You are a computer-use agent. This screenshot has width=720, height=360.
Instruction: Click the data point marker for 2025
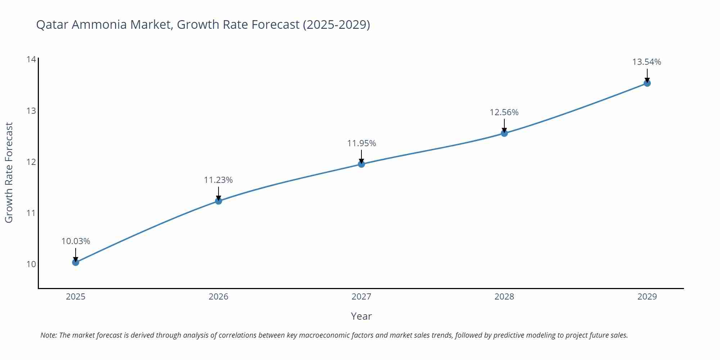click(76, 262)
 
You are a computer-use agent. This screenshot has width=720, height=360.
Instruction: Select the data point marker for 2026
click(219, 201)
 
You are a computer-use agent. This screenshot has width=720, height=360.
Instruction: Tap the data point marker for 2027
click(361, 164)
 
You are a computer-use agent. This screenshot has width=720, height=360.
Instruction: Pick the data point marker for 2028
click(504, 133)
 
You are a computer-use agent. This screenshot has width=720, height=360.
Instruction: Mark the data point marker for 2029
click(647, 83)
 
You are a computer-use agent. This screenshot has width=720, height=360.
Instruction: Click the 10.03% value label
click(76, 241)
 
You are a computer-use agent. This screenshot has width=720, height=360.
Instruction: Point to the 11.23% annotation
click(219, 180)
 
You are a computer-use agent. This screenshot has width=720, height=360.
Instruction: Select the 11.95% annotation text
click(361, 143)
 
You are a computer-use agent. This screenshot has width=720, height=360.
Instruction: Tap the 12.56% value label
click(504, 112)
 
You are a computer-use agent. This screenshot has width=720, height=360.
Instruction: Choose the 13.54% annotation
click(647, 62)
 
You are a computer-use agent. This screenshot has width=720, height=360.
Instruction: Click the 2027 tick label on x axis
click(361, 297)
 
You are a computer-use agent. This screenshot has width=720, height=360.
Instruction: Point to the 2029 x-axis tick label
click(647, 297)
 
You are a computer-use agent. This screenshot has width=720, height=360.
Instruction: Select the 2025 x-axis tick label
click(76, 297)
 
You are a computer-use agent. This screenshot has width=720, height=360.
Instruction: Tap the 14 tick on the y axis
click(31, 59)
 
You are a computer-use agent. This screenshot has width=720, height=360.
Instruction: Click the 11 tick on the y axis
click(31, 213)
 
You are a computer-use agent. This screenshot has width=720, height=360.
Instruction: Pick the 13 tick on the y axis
click(31, 111)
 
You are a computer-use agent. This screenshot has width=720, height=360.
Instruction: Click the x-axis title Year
click(361, 316)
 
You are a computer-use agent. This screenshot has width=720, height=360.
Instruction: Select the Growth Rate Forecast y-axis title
click(9, 172)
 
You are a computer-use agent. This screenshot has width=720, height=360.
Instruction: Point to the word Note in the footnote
click(48, 335)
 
